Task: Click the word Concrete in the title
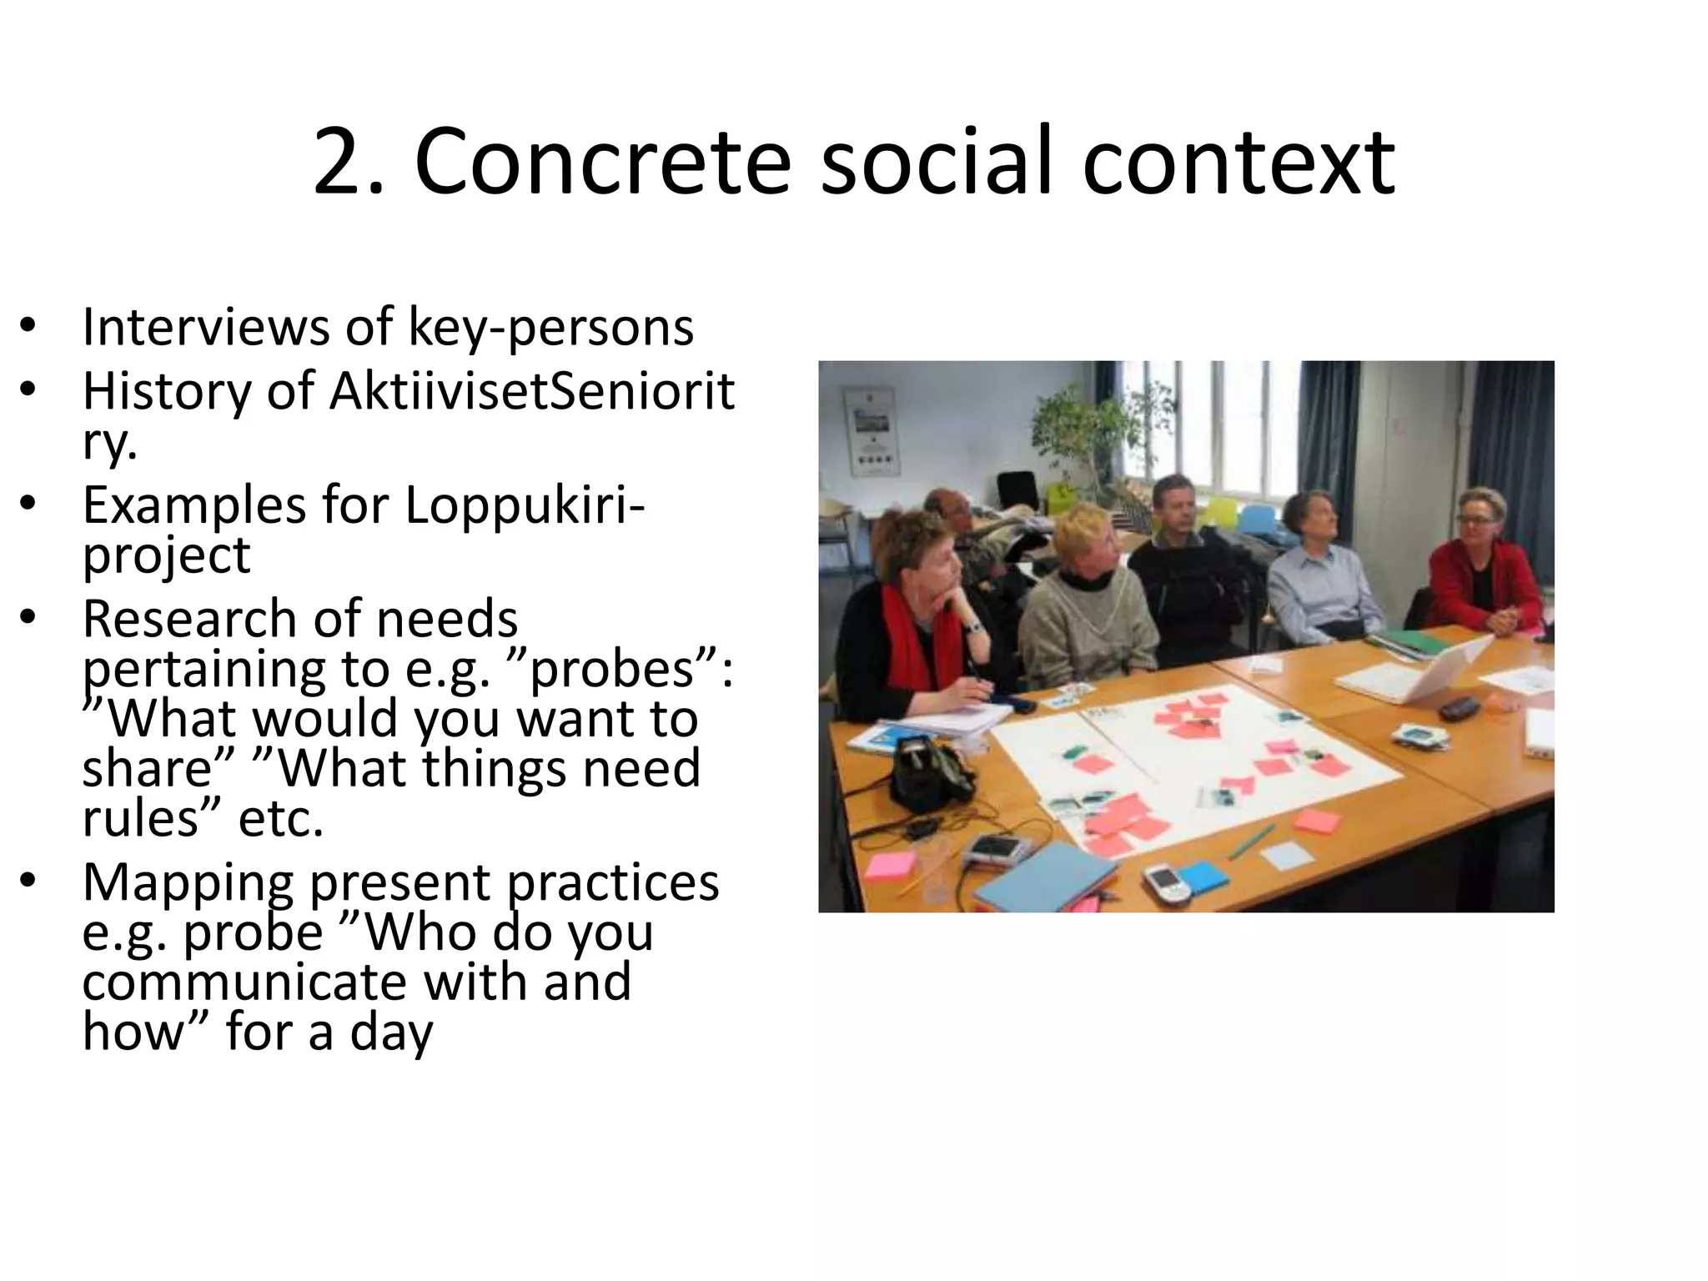click(600, 163)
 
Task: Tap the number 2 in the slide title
click(342, 163)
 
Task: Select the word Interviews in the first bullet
click(205, 327)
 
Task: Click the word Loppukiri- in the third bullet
click(525, 505)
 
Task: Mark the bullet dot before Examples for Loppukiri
click(28, 505)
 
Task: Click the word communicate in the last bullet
click(245, 982)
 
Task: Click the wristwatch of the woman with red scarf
click(972, 626)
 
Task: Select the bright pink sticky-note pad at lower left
click(890, 866)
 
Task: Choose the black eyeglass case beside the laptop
click(1459, 709)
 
